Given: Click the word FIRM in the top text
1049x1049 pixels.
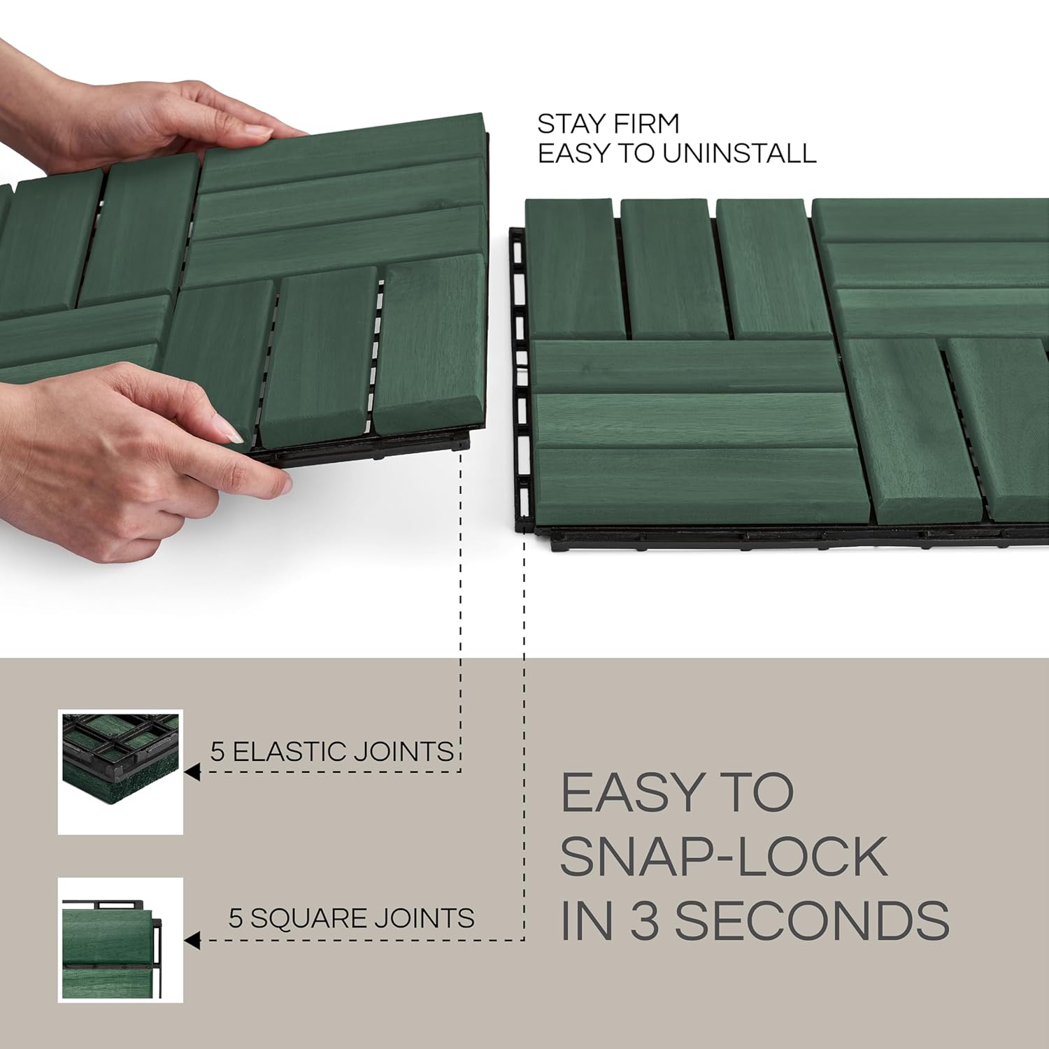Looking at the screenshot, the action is (643, 124).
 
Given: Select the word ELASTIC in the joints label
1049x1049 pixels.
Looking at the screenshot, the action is (289, 752).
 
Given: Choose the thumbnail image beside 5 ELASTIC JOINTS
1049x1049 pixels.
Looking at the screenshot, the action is (120, 772).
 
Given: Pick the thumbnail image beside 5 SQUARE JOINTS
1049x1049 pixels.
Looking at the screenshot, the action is (120, 940).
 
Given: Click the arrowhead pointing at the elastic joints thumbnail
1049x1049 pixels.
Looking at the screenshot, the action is (192, 773).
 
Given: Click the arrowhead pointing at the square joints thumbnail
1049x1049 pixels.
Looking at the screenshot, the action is (192, 941).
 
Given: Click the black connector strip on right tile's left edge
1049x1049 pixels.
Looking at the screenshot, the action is (518, 378).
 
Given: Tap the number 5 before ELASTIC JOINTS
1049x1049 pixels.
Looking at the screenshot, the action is (217, 752).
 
